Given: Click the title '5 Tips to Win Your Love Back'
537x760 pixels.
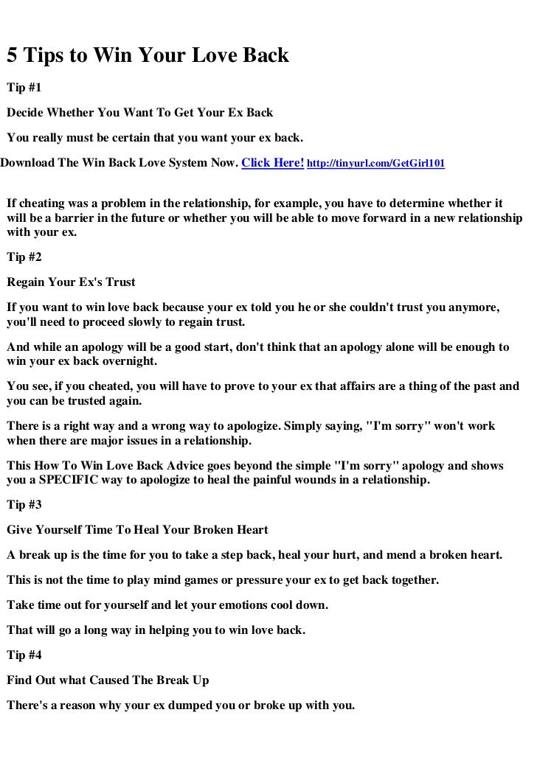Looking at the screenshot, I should point(148,56).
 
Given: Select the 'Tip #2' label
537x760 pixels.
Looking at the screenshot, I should point(24,258).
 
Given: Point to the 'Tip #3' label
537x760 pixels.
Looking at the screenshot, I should point(24,506).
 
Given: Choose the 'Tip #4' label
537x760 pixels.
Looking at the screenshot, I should point(24,655).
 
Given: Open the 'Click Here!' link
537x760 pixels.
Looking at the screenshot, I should point(273,162).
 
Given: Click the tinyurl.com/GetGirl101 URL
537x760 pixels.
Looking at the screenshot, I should point(375,163).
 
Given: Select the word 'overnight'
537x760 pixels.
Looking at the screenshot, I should point(129,362).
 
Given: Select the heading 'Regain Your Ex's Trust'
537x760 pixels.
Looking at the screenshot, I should point(71,282).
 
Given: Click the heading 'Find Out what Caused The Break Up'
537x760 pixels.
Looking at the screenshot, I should point(108,680).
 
